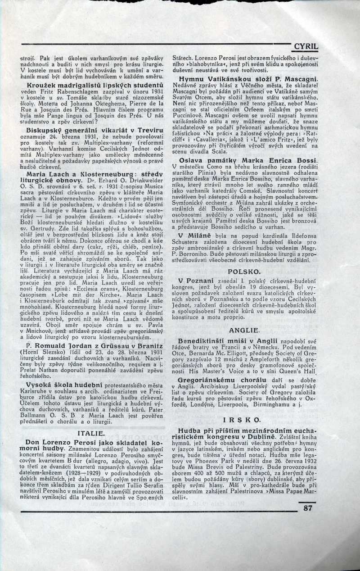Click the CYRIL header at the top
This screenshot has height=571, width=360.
(x=306, y=46)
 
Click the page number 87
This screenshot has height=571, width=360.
(x=308, y=508)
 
